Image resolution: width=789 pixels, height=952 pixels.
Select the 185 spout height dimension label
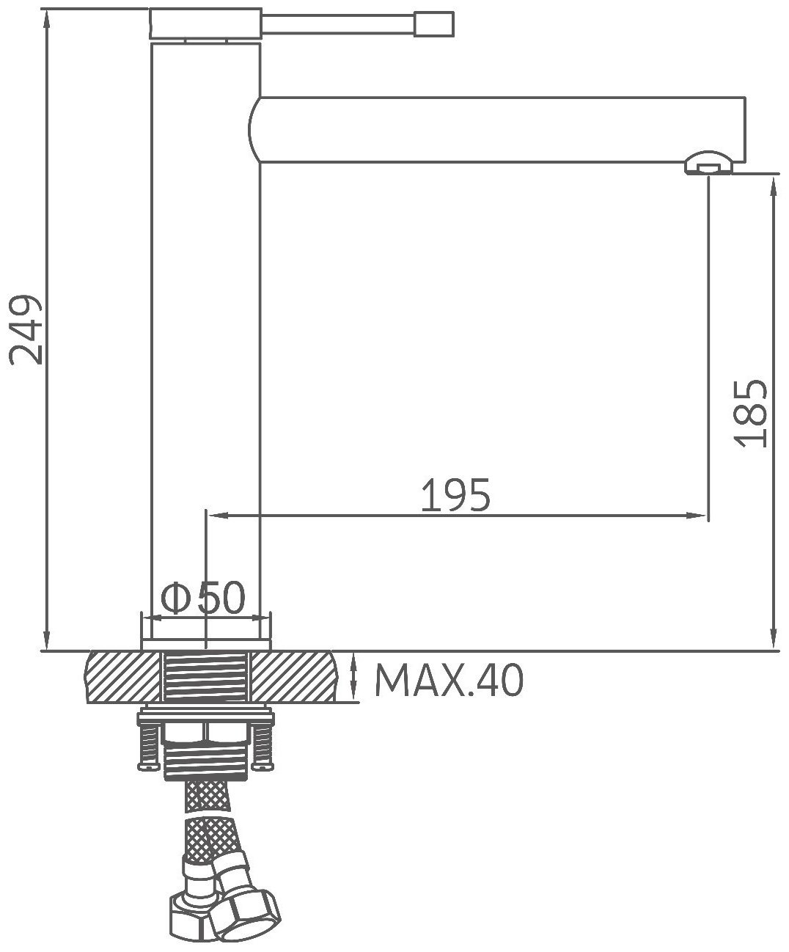pos(751,414)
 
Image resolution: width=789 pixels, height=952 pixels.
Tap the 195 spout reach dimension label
pos(455,494)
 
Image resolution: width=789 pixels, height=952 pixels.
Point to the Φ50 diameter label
pos(203,597)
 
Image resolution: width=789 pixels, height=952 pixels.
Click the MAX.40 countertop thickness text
pos(449,681)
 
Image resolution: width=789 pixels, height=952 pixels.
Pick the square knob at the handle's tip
pos(434,24)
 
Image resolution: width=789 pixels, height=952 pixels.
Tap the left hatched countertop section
pos(122,677)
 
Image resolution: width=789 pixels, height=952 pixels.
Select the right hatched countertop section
pos(295,677)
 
